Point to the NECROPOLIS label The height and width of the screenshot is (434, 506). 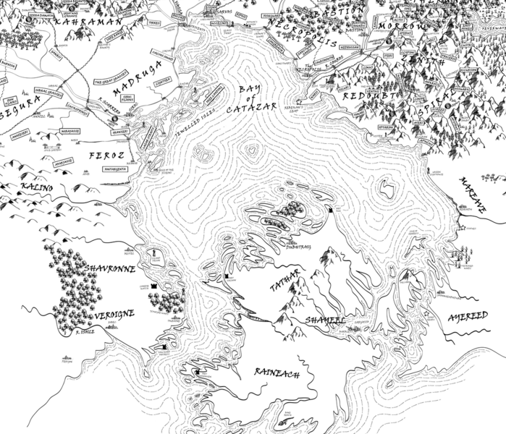click(302, 33)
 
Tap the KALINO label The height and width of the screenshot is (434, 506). click(38, 187)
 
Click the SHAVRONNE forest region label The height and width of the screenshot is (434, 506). click(111, 268)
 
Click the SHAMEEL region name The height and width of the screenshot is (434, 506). click(324, 318)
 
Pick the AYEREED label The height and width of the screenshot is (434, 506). click(468, 315)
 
